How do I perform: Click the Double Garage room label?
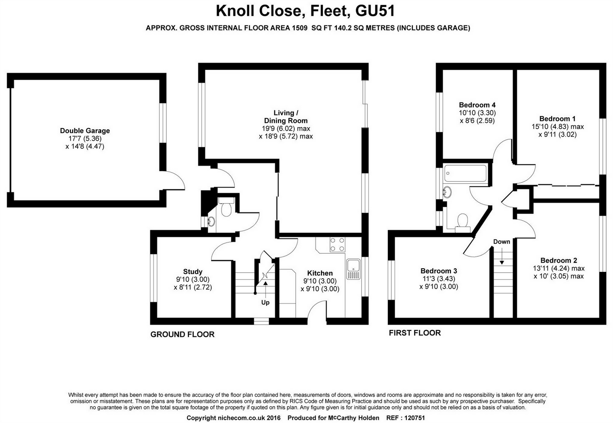point(85,131)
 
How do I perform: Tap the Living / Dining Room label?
point(286,117)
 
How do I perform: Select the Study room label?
point(193,272)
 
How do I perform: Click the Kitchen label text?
point(320,273)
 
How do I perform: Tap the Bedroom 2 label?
point(559,261)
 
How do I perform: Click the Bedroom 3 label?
point(438,271)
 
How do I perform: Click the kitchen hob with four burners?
point(337,244)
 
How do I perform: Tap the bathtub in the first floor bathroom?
point(465,173)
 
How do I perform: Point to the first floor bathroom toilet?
point(463,222)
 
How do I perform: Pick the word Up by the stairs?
point(265,302)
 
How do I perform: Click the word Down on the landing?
point(501,242)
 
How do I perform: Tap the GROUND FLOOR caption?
point(182,334)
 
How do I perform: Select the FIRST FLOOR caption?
point(415,333)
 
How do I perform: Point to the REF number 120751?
point(414,418)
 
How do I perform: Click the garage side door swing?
point(175,182)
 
